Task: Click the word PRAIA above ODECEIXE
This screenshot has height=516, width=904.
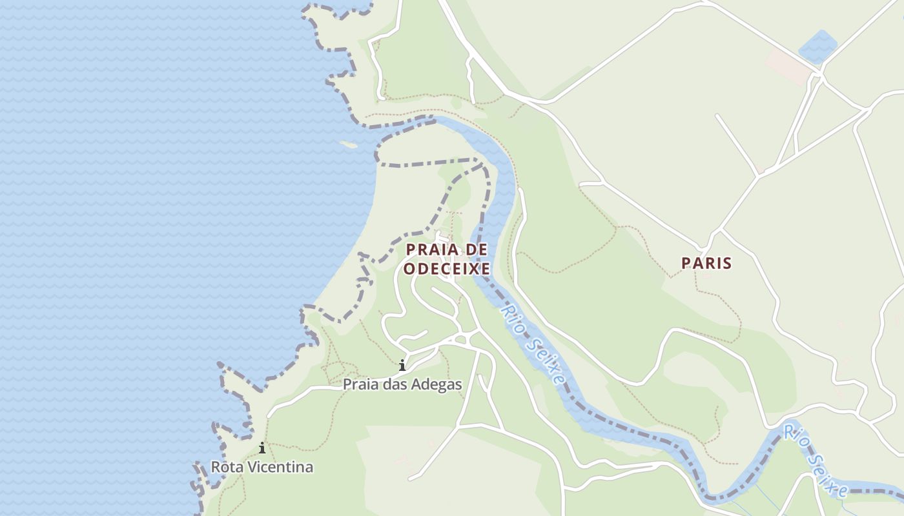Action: click(433, 249)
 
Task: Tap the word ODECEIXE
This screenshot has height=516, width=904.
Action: click(447, 268)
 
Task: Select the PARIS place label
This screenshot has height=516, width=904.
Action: click(706, 263)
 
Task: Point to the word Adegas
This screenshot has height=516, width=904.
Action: click(438, 384)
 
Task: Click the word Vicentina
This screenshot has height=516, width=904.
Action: click(283, 467)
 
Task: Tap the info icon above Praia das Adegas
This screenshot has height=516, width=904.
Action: click(402, 366)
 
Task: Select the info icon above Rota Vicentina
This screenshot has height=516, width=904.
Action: click(262, 448)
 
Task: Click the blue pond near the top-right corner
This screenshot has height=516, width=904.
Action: click(817, 47)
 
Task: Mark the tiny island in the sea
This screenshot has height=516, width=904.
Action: click(348, 144)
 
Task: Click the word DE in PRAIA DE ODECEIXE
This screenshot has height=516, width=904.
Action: click(477, 249)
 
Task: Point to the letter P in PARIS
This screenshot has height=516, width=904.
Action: click(686, 263)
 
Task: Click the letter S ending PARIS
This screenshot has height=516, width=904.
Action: click(728, 263)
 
